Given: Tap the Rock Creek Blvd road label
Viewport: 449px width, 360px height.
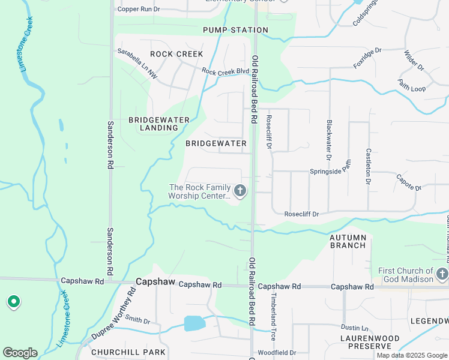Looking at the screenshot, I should [225, 71].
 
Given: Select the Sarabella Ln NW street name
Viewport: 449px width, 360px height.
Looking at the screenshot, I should [137, 64].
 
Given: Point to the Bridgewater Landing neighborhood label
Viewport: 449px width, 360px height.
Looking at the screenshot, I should [159, 124].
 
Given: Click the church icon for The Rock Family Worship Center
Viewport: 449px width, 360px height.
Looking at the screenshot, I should [240, 191].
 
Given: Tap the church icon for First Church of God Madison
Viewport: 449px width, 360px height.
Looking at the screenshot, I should [442, 274].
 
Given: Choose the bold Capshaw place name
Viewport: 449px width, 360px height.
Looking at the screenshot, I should [155, 281].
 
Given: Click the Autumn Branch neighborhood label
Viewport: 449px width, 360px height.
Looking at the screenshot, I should [348, 241].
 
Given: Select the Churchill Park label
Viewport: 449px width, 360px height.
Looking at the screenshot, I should [119, 352].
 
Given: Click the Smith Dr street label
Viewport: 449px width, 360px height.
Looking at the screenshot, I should [137, 320].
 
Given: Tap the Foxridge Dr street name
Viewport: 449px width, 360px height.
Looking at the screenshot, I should [367, 58].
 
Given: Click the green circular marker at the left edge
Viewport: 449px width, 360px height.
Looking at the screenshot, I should [13, 302].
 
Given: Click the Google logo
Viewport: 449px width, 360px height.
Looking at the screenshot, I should [20, 353].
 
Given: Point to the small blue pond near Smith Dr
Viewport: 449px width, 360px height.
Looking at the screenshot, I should [194, 323].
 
